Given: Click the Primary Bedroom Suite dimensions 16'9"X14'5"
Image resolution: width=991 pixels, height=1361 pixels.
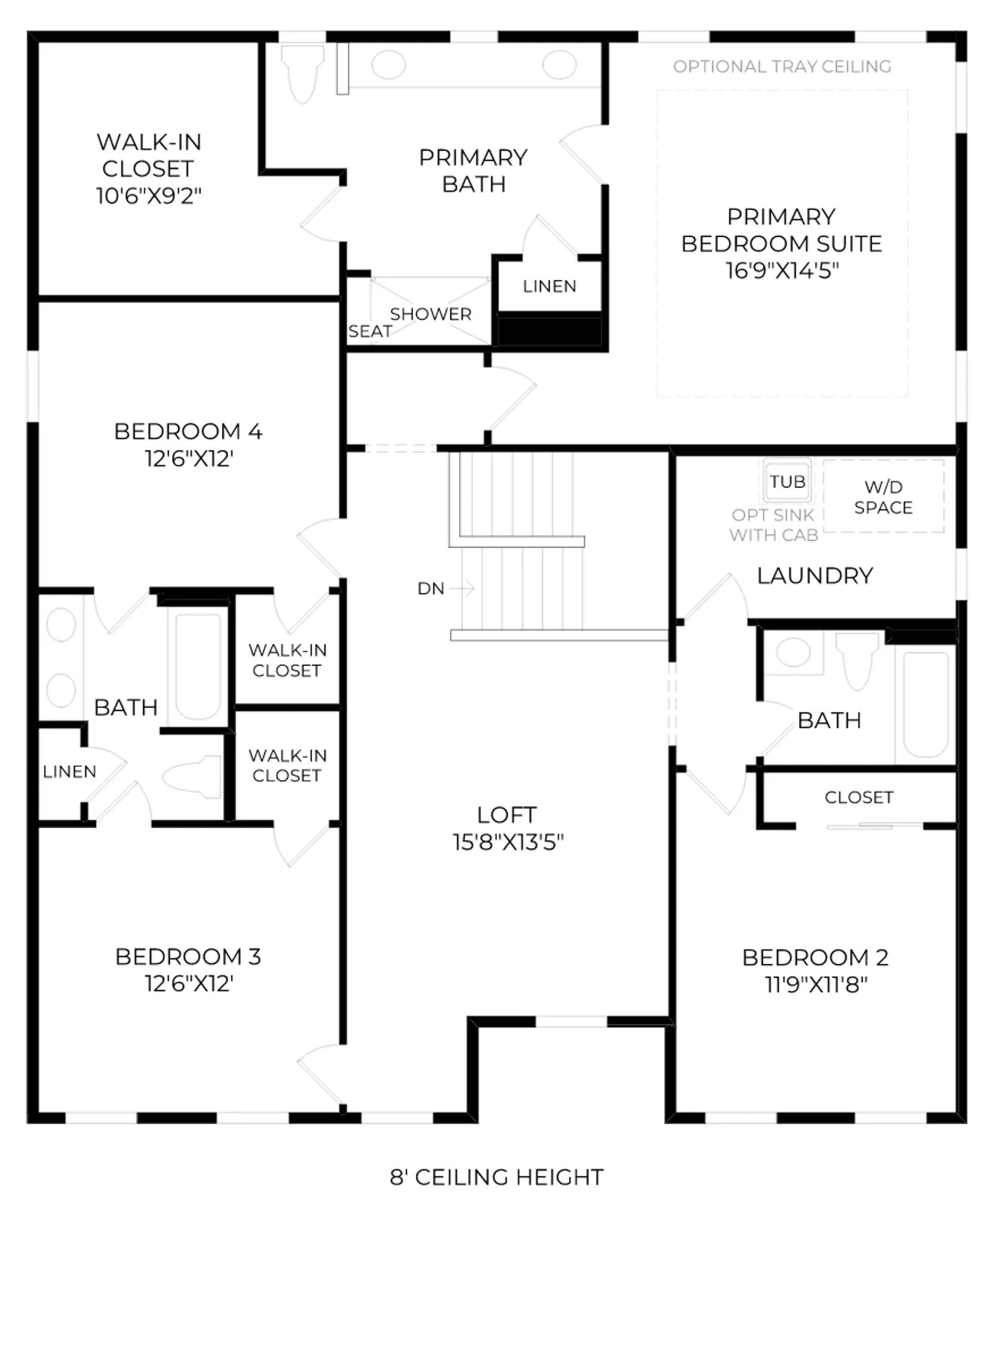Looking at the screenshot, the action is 782,271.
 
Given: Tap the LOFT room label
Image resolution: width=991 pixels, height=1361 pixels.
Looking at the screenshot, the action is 507,815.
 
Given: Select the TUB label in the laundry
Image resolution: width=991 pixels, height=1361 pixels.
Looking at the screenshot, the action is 787,481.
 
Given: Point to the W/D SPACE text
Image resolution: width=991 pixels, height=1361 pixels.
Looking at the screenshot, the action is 883,497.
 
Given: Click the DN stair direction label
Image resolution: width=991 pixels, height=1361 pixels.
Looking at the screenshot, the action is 431,589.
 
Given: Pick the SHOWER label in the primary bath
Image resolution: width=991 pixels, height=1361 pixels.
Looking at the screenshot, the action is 430,314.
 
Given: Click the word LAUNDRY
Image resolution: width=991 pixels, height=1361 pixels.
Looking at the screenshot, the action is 815,575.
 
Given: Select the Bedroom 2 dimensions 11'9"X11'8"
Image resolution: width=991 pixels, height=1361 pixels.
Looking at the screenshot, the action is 816,984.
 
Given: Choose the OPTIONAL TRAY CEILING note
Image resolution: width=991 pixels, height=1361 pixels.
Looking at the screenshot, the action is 782,66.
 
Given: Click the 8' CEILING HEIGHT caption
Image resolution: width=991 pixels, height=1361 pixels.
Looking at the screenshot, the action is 497,1177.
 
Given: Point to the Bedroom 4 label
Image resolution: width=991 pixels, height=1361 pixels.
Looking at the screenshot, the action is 188,431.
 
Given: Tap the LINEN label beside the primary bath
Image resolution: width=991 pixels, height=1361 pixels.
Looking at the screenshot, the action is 549,286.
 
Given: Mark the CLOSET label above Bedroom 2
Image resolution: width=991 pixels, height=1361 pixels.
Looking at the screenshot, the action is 859,797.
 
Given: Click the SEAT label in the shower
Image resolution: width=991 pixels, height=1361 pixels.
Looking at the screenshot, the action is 370,331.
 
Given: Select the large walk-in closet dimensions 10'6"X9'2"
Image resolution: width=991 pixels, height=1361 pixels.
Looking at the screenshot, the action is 149,196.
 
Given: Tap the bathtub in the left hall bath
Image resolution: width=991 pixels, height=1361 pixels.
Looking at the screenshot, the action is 198,665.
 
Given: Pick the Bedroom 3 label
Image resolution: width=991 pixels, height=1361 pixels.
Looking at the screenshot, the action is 188,956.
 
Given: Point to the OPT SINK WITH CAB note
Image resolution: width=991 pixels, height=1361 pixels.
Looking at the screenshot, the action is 774,525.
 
